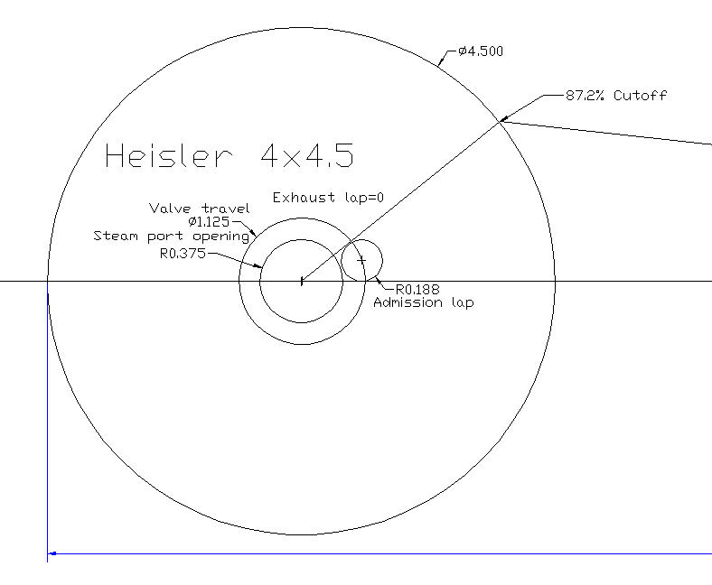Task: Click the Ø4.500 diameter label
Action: click(481, 51)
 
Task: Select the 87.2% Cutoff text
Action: click(616, 96)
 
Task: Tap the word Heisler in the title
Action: click(168, 155)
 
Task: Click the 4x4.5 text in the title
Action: click(307, 155)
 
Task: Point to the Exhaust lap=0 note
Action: click(328, 198)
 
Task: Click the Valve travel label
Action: click(200, 209)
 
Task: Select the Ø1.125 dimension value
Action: click(209, 222)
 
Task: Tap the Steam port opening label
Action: click(171, 236)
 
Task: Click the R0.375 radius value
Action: click(183, 254)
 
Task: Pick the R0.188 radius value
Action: click(417, 290)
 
